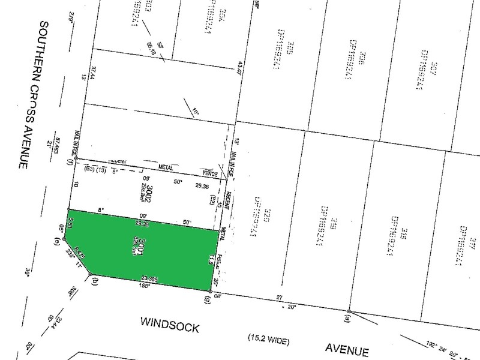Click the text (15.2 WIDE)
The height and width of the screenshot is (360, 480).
[x=269, y=341]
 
